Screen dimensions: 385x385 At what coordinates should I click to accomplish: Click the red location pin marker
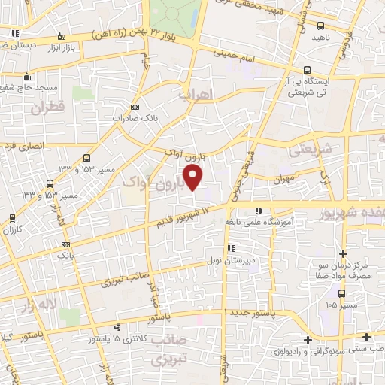[x=194, y=178]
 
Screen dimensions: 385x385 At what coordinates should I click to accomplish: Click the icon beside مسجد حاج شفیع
[x=27, y=76]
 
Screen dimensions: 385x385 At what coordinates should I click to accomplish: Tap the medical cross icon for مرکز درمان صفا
[x=343, y=253]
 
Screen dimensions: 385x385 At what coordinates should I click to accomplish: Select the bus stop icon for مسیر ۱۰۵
[x=341, y=294]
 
